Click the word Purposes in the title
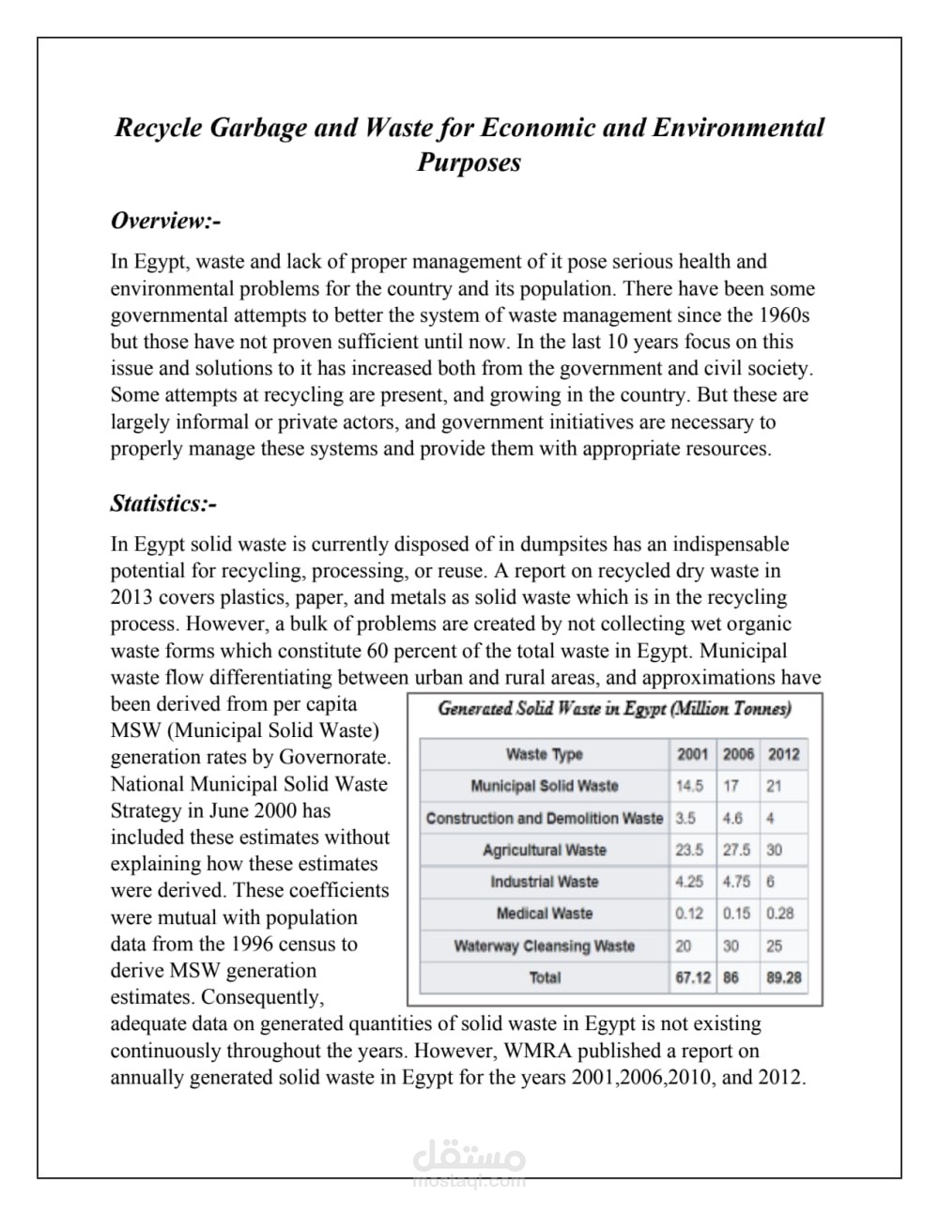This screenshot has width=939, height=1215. click(469, 162)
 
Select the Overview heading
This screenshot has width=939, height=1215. click(165, 221)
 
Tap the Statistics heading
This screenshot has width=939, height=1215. click(163, 504)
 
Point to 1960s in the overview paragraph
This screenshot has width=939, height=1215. click(784, 315)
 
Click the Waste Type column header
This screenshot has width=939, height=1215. click(544, 754)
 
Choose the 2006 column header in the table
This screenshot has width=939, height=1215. click(738, 754)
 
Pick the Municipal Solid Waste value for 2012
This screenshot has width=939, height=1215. click(773, 786)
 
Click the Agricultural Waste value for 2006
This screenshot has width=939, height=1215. click(736, 850)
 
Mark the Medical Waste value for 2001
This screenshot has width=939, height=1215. click(689, 913)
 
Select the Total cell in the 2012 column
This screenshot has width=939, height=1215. click(783, 977)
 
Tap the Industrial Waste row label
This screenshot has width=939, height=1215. click(544, 882)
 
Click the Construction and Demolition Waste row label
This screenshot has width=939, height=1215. click(544, 818)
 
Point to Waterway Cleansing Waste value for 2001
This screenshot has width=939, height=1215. click(684, 946)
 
